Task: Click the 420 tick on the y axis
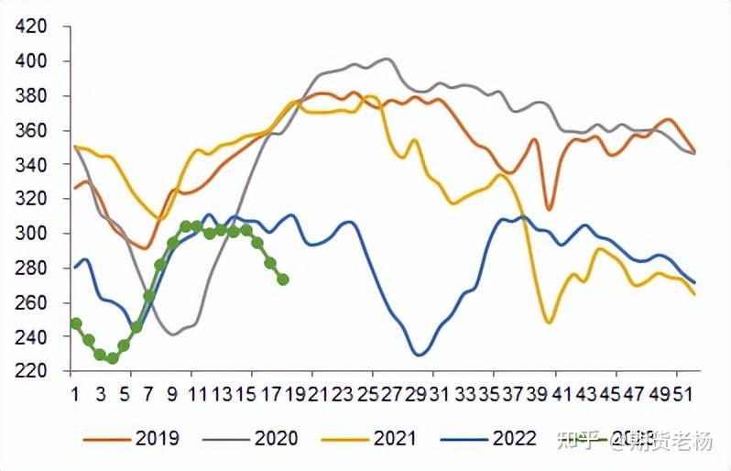click(31, 26)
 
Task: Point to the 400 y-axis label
click(31, 60)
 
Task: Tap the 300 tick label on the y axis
click(31, 233)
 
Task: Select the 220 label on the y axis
click(31, 371)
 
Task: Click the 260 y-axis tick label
click(31, 301)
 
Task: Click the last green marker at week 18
click(283, 279)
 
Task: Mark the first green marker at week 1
click(76, 323)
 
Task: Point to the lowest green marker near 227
click(113, 358)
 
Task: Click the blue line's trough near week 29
click(420, 354)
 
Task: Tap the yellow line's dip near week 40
click(549, 323)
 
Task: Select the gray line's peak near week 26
click(387, 59)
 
